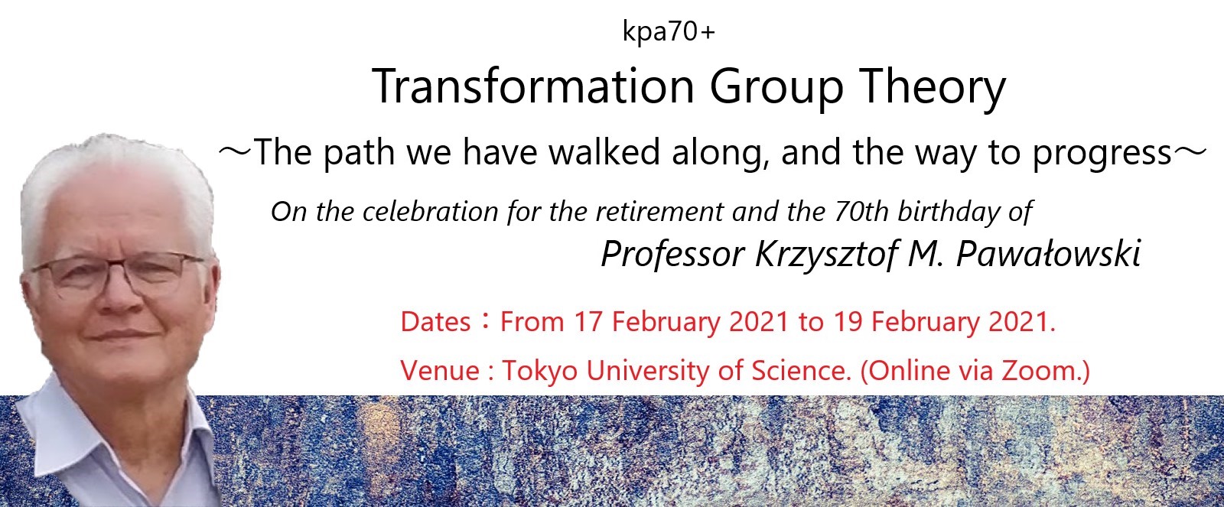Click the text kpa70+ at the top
click(669, 31)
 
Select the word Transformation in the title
click(532, 86)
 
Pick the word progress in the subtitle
click(1102, 154)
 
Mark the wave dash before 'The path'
click(235, 152)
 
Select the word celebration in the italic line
click(430, 211)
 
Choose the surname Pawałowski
click(1049, 254)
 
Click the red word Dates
click(435, 322)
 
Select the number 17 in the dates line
click(588, 322)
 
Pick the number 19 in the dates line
click(848, 322)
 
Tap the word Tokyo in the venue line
click(540, 372)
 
